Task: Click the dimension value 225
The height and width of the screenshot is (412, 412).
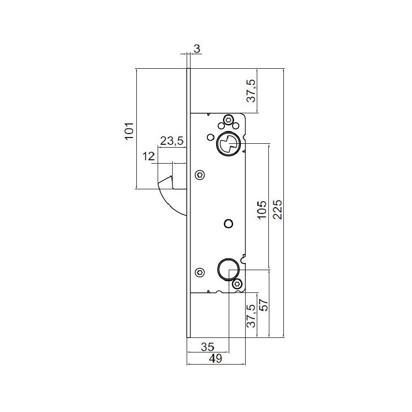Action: [277, 210]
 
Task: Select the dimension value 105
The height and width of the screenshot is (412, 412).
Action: [262, 210]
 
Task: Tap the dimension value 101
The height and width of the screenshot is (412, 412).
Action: [129, 131]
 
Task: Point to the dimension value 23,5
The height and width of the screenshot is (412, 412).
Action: [172, 141]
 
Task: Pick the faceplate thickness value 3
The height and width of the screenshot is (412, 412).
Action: [197, 49]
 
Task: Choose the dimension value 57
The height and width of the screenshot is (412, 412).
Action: [264, 305]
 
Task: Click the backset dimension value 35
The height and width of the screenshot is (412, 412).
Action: [207, 347]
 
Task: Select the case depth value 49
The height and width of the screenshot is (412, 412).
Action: [216, 358]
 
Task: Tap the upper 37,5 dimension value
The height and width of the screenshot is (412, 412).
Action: [251, 91]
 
